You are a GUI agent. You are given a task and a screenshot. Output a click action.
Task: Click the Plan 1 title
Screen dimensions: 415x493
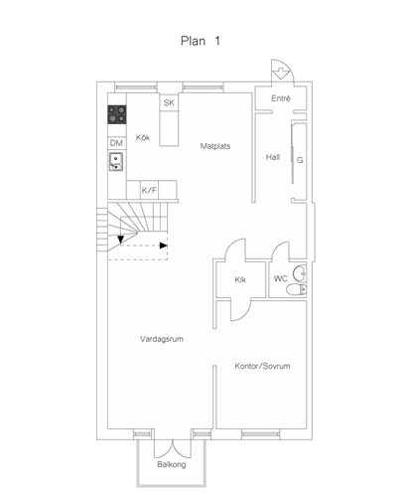(201, 41)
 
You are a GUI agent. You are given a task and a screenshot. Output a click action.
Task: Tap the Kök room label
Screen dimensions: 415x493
(143, 137)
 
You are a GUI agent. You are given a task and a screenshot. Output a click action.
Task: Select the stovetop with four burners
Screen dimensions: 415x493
(117, 114)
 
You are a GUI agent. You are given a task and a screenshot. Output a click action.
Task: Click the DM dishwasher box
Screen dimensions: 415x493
(116, 143)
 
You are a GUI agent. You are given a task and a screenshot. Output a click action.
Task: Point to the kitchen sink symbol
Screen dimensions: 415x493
(116, 162)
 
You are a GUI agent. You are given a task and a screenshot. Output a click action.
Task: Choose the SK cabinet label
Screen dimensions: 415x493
(169, 102)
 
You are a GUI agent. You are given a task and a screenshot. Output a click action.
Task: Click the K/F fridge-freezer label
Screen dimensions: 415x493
(149, 190)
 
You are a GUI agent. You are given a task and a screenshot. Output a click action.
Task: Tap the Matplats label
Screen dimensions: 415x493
(215, 146)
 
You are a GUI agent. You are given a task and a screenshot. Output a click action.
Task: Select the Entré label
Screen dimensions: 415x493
(281, 98)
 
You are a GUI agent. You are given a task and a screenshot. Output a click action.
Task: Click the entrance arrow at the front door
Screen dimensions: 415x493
(281, 74)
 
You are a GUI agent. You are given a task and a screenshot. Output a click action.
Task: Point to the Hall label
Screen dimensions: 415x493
(273, 157)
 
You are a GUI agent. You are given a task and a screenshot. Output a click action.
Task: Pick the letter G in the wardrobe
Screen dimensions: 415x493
(300, 160)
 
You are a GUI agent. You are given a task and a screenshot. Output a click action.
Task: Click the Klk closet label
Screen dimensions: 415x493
(240, 280)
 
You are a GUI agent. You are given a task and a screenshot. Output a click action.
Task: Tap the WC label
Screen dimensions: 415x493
(281, 278)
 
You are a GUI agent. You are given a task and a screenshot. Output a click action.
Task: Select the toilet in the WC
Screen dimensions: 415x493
(297, 289)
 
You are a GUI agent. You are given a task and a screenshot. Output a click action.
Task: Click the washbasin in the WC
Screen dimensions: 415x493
(301, 273)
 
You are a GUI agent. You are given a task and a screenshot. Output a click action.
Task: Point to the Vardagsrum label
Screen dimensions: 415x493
(162, 339)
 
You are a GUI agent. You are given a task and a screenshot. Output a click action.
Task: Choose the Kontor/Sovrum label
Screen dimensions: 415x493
(262, 366)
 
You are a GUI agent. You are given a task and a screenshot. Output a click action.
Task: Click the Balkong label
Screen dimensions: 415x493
(172, 464)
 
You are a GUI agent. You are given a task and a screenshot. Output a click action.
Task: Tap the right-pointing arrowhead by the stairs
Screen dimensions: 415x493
(164, 246)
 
